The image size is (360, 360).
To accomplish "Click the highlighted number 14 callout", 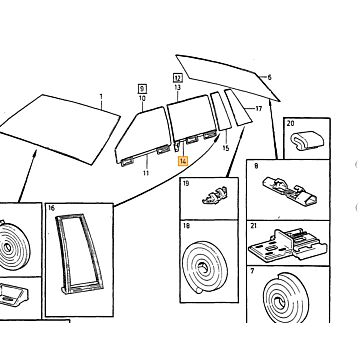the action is point(183,161).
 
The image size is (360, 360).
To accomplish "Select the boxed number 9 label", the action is point(143,89).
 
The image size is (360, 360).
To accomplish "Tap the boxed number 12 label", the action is point(178,78).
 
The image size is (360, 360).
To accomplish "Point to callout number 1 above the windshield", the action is point(101,97).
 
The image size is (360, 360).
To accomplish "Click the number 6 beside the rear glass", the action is point(269,77).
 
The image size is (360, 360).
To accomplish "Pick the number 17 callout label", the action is point(259,108).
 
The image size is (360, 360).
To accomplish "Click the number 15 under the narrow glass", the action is point(226,148).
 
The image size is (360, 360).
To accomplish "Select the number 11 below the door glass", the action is point(146,173).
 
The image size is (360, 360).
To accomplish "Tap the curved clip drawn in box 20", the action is point(307,141).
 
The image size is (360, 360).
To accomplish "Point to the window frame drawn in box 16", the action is point(79,254).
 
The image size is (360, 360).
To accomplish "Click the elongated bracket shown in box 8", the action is point(290,191).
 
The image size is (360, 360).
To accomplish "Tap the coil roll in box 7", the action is point(286,298).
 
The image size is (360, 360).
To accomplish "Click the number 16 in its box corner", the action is point(51,209).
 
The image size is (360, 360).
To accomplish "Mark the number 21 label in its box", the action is point(254,226).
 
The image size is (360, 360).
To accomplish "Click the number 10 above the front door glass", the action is point(142,98).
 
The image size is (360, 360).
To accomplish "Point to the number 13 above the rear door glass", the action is point(177,87).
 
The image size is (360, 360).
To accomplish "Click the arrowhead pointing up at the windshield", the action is point(34,153).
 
